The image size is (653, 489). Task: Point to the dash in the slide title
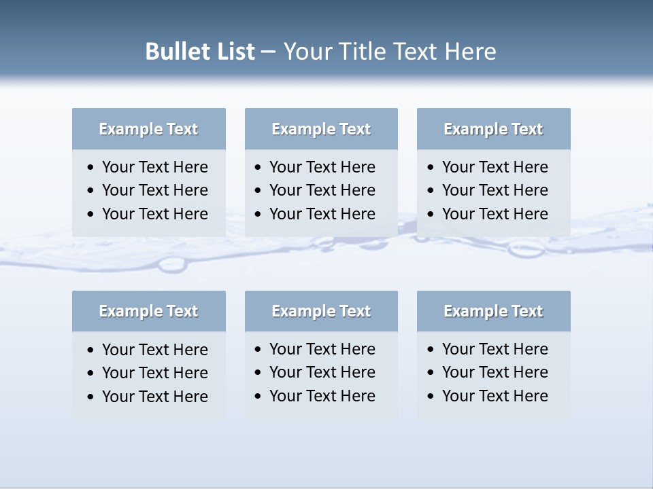pos(269,52)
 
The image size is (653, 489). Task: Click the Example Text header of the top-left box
pos(148,129)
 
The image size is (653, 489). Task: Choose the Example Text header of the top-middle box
pos(321,129)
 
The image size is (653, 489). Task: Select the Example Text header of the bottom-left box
pos(148,311)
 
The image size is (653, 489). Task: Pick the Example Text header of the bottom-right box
pos(493,311)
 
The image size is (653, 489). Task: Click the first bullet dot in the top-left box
pos(91,168)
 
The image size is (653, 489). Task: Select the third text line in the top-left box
pos(154,214)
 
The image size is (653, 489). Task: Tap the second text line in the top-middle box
pos(322,190)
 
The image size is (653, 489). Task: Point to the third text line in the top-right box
pos(495,214)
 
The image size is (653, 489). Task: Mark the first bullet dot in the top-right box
pos(431,168)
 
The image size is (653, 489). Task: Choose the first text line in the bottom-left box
pos(154,350)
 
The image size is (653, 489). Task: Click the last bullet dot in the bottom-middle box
pos(258,397)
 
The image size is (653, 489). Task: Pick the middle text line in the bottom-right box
pos(495,372)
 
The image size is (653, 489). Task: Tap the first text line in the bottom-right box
pos(495,349)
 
